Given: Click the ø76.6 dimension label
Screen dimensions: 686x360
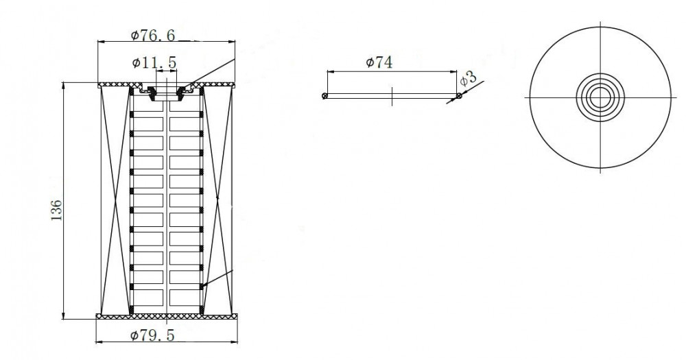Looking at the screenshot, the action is (153, 35).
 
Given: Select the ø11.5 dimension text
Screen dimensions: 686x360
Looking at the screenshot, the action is (154, 63).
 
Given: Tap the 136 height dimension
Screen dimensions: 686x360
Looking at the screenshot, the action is (57, 210).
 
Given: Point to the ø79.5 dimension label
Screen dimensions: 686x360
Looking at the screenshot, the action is (152, 335).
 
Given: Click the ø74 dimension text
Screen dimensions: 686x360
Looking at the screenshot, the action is (379, 62).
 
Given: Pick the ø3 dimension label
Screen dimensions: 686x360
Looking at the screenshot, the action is (469, 79).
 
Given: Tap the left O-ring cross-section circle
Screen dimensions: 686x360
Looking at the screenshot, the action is (324, 96).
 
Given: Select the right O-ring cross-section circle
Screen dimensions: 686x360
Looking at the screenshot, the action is (459, 95).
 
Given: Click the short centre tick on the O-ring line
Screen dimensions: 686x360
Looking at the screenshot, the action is (392, 96).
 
